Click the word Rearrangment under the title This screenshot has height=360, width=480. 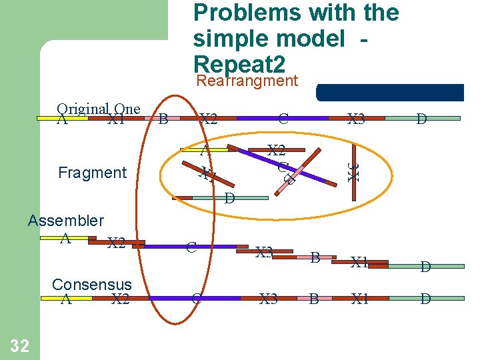[247, 81]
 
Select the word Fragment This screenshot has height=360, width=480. [92, 173]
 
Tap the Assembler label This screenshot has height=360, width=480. [66, 221]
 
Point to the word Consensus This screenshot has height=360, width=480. [91, 285]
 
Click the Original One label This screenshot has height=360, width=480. [99, 109]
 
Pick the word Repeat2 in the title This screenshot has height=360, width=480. [239, 64]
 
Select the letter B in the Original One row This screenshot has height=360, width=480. [163, 119]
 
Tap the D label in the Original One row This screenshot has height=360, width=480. [421, 119]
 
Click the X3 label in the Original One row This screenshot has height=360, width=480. [356, 119]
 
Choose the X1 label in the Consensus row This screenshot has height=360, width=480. [360, 299]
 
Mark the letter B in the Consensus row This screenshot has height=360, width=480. [313, 299]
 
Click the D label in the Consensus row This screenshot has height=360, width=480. [425, 299]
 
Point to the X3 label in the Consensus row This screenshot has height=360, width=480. [269, 299]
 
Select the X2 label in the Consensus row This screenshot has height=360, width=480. [120, 299]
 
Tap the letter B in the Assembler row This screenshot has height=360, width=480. [315, 255]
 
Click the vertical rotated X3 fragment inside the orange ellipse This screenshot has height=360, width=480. [355, 171]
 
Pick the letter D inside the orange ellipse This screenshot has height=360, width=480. [229, 198]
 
